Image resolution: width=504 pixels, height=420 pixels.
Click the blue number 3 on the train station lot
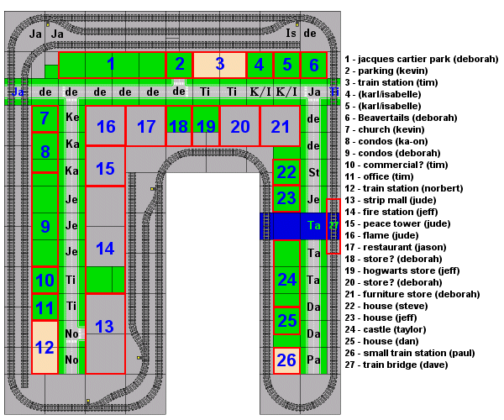click(x=220, y=64)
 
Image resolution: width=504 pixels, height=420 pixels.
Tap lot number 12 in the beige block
click(x=45, y=348)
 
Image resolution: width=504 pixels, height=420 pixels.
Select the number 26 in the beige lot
click(x=286, y=360)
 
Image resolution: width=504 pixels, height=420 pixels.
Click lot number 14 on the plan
click(x=105, y=249)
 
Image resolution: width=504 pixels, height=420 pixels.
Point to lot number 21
click(x=281, y=127)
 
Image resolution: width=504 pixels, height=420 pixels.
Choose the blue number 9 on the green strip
click(x=45, y=227)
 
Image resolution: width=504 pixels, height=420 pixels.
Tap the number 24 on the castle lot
click(x=286, y=280)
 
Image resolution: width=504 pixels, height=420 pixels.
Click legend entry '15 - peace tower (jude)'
click(x=397, y=223)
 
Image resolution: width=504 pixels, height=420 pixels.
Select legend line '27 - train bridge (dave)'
click(x=396, y=365)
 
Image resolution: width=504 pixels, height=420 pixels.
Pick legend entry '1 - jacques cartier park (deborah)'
click(x=422, y=59)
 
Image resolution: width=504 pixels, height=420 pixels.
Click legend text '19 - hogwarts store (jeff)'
click(x=402, y=270)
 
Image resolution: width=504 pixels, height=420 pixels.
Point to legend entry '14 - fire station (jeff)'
click(x=391, y=212)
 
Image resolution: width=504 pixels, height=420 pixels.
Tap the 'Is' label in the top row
click(x=291, y=33)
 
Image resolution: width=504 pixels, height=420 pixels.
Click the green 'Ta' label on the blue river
click(x=313, y=225)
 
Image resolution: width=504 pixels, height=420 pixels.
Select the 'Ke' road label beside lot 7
click(x=72, y=117)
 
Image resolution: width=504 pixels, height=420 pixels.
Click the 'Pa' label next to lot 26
click(x=313, y=360)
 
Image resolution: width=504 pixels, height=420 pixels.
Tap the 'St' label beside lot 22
click(x=314, y=172)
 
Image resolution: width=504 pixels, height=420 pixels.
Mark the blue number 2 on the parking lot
click(x=180, y=64)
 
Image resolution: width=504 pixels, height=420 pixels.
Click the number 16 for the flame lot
click(x=106, y=127)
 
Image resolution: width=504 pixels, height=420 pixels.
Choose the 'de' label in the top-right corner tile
click(x=310, y=33)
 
